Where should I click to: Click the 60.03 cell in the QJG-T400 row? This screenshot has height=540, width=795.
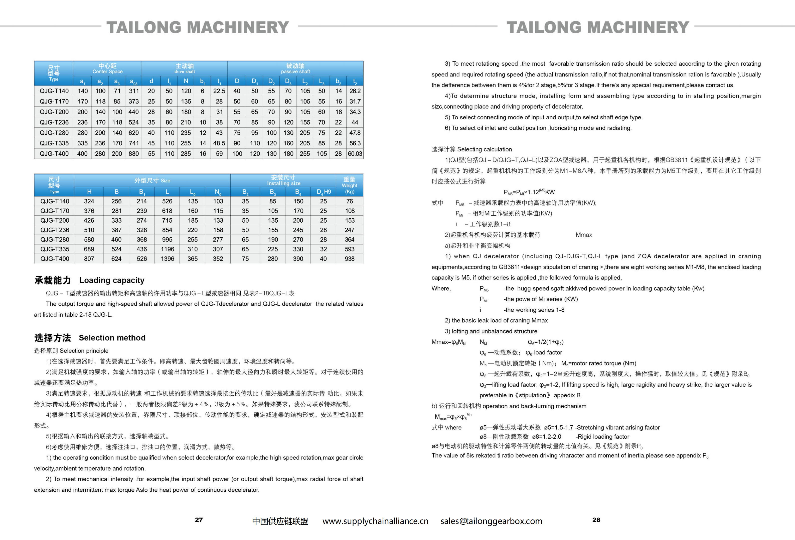coord(355,154)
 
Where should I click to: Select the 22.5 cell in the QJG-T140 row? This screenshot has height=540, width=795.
coord(219,91)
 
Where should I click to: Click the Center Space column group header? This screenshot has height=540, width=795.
coord(107,68)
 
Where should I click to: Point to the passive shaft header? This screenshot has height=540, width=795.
coord(295,68)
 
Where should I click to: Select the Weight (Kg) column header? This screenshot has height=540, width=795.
coord(349,185)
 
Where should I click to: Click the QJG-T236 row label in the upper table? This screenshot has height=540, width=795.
coord(54,122)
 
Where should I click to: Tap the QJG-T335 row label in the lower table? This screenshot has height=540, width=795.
coord(55,249)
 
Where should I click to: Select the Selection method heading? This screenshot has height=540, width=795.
coord(112,338)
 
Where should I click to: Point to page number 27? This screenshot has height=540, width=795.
coord(199,520)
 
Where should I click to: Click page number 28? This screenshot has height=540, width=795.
coord(596,520)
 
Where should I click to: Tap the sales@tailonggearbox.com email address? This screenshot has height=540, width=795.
coord(491,521)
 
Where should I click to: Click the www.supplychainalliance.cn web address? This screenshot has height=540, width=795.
coord(375,521)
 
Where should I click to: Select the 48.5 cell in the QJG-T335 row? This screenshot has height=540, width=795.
coord(219,143)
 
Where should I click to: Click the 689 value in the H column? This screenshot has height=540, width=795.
coord(89,249)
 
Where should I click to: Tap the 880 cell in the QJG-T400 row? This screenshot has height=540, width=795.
coord(133,154)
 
